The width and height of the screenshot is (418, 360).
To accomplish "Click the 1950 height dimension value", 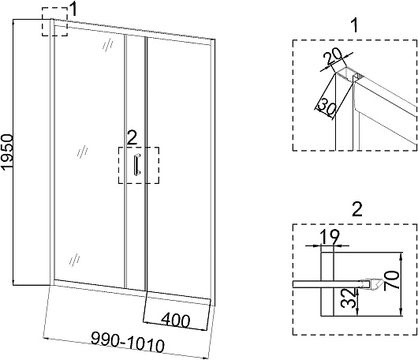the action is click(7, 152).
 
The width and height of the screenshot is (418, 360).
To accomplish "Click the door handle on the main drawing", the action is click(137, 165).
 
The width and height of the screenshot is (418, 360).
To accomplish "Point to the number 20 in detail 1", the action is click(332, 57).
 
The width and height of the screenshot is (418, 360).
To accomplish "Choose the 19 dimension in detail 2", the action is click(330, 237).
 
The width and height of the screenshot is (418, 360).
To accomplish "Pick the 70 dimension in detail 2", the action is click(393, 280).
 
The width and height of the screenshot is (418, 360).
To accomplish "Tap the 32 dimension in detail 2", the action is click(349, 298).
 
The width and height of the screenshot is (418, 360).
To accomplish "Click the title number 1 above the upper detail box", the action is click(355, 25).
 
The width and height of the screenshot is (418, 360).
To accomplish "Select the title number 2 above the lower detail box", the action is click(357, 209).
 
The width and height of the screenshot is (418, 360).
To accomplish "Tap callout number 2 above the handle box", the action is click(132, 137).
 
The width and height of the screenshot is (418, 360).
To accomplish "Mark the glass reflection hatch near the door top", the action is click(108, 44).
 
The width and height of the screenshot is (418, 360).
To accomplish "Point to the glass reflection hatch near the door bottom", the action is click(75, 259).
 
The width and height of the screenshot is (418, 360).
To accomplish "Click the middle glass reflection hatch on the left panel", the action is click(82, 152).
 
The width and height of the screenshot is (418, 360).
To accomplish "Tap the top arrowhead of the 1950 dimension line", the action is click(13, 21).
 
